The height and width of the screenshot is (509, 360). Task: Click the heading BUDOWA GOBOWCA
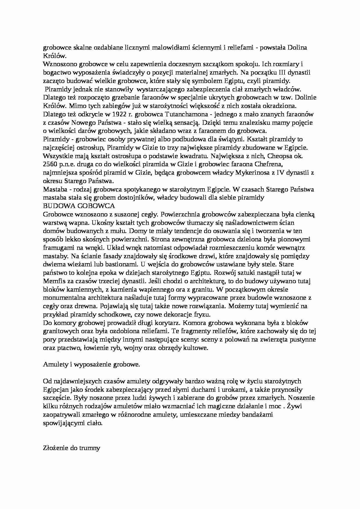[x=79, y=206]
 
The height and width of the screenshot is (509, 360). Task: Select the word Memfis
[x=53, y=281]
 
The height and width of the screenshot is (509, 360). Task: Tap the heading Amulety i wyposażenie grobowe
[x=91, y=364]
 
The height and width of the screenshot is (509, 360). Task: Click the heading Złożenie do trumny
[x=71, y=448]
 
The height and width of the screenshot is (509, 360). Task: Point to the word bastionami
[x=122, y=264]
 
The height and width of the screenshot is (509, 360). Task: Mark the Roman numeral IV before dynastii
[x=280, y=173]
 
